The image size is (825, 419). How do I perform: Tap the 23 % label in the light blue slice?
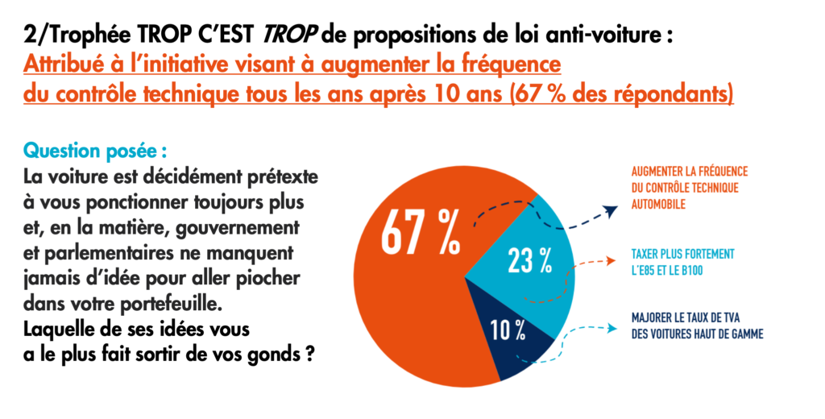529,259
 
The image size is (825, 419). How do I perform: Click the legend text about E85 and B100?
682,260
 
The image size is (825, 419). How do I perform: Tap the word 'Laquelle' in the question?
60,331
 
